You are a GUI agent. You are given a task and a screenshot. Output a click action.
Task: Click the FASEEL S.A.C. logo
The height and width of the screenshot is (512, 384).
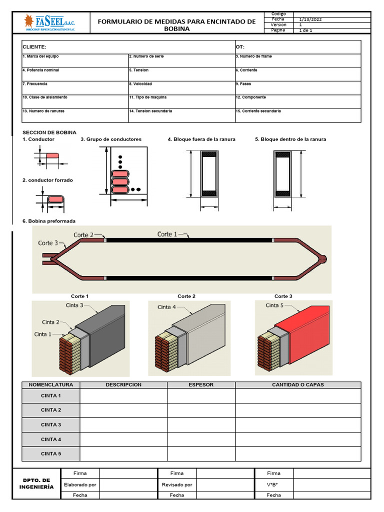click(49, 22)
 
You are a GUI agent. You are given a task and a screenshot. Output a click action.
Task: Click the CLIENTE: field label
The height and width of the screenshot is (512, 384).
click(34, 46)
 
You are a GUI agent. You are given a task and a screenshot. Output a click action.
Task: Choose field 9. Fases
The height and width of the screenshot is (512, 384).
click(245, 84)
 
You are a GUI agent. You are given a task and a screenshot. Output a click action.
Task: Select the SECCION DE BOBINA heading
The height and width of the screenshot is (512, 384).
click(49, 132)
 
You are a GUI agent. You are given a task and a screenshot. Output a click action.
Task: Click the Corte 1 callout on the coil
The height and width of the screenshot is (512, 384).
click(167, 234)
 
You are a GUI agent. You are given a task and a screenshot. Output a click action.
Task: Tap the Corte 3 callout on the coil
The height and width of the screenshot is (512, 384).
click(48, 243)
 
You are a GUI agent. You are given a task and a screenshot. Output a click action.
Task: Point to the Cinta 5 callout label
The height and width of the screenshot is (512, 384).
click(274, 305)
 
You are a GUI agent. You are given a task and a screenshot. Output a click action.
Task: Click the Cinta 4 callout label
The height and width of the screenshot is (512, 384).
click(166, 307)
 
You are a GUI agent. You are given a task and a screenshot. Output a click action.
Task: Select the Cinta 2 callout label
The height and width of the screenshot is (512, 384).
click(50, 322)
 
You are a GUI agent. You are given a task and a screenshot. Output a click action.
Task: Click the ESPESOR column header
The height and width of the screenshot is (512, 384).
click(201, 385)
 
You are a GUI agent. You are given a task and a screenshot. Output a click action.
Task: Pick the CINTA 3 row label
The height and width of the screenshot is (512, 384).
click(51, 424)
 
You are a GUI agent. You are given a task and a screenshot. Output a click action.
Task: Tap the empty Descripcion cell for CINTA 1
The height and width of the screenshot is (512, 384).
click(123, 396)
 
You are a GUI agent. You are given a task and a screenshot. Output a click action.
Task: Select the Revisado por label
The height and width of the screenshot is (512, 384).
click(177, 484)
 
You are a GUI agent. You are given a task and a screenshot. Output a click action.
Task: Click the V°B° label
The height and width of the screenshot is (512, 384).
click(273, 484)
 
